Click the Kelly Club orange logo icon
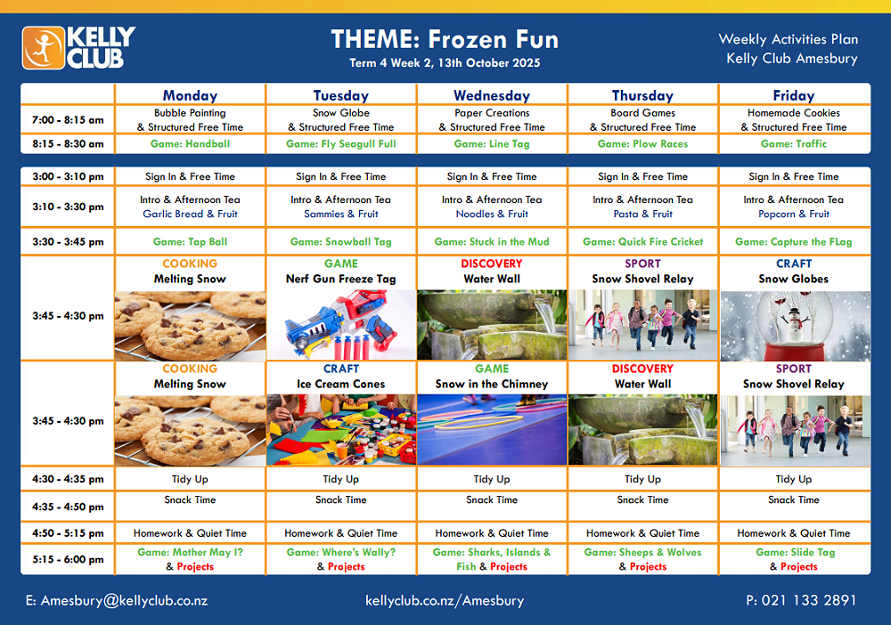tap(43, 48)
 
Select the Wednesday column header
tap(492, 95)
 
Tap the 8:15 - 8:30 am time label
tap(68, 143)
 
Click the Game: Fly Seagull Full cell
tap(341, 143)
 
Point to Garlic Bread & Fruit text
tap(190, 214)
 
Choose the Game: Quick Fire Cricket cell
tap(642, 241)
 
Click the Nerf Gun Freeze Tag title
tap(341, 279)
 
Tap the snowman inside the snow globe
tap(795, 322)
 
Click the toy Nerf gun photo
tap(341, 325)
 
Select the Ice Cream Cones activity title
tap(341, 385)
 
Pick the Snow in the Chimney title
tap(492, 385)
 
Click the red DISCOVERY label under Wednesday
tap(492, 264)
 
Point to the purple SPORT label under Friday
tap(794, 369)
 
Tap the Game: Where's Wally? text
tap(341, 552)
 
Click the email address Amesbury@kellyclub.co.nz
tap(117, 601)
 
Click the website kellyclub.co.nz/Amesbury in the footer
tap(445, 601)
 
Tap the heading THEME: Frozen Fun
tap(445, 39)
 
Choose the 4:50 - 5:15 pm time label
tap(68, 533)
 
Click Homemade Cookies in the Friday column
tap(794, 113)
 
